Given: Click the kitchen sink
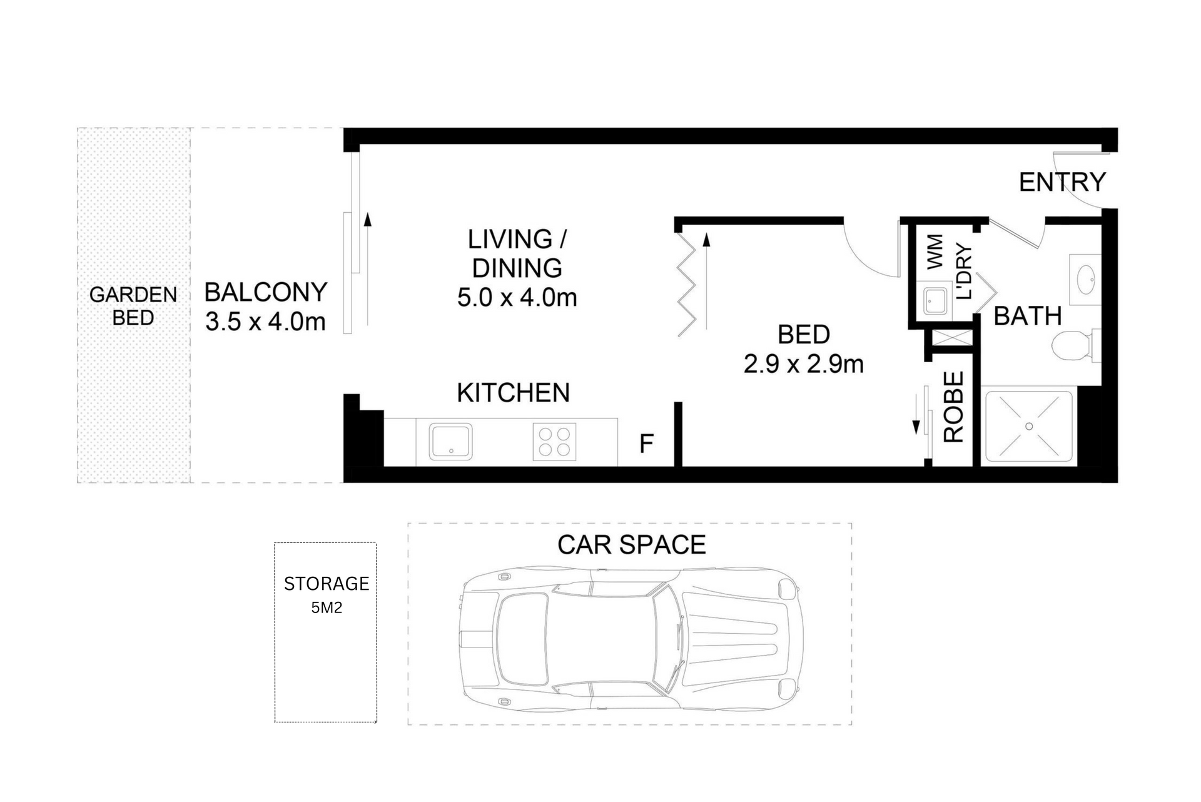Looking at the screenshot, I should coord(450,441).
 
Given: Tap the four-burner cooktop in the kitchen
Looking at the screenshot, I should coord(554,442).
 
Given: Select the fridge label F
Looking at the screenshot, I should coord(646,444).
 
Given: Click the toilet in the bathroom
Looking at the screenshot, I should coord(1072,345).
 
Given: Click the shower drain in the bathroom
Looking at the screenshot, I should coord(1029,426).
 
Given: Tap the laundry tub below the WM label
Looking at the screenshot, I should coord(935,302).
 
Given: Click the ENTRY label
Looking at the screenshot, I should coord(1062,182).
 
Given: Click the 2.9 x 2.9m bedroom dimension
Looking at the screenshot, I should coord(803,364).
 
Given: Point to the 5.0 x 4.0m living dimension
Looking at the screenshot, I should coord(517,297).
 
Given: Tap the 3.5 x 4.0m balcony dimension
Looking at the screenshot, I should coord(265,322).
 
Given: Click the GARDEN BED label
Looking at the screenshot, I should coord(133,306).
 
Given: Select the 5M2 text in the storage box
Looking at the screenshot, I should coord(327,607).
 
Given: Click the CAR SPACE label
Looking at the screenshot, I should coord(631,544).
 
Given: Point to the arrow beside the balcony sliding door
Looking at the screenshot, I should coord(368,269).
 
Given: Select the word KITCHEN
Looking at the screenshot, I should coord(513,393).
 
